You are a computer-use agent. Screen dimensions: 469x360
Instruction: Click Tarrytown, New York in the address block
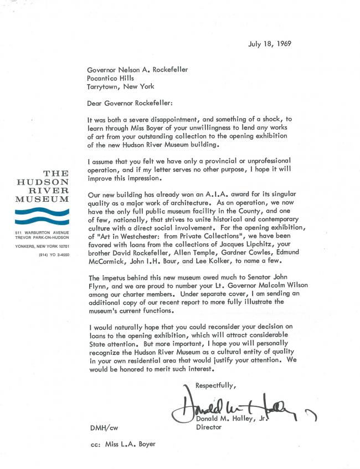120,86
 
